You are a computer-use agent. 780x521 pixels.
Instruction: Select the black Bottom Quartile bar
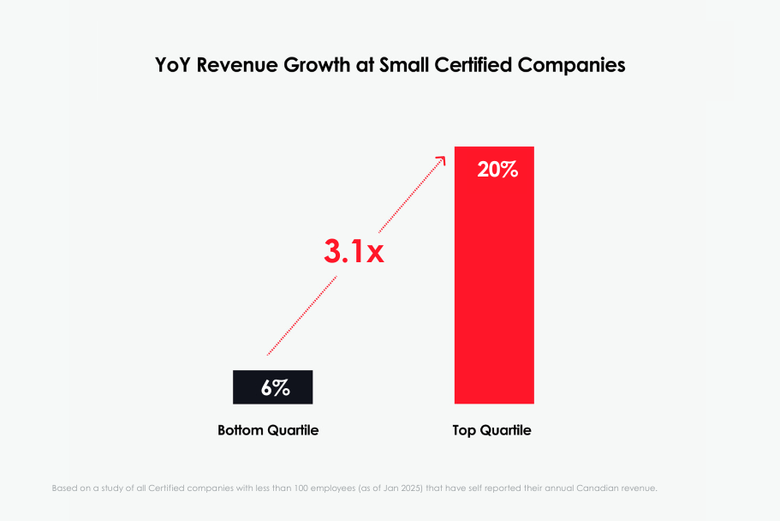[272, 386]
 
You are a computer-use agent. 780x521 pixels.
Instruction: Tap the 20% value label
[497, 170]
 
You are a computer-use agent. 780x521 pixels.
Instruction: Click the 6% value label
[275, 387]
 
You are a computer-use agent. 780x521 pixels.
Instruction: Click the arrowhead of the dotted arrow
[441, 160]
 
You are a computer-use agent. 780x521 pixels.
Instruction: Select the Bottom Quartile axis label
[268, 430]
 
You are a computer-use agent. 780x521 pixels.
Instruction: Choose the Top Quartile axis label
[491, 430]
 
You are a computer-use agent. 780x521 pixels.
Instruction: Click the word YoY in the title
[172, 65]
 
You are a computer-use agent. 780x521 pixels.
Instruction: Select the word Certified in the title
[470, 65]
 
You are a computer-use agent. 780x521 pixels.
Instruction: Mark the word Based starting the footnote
[66, 488]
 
